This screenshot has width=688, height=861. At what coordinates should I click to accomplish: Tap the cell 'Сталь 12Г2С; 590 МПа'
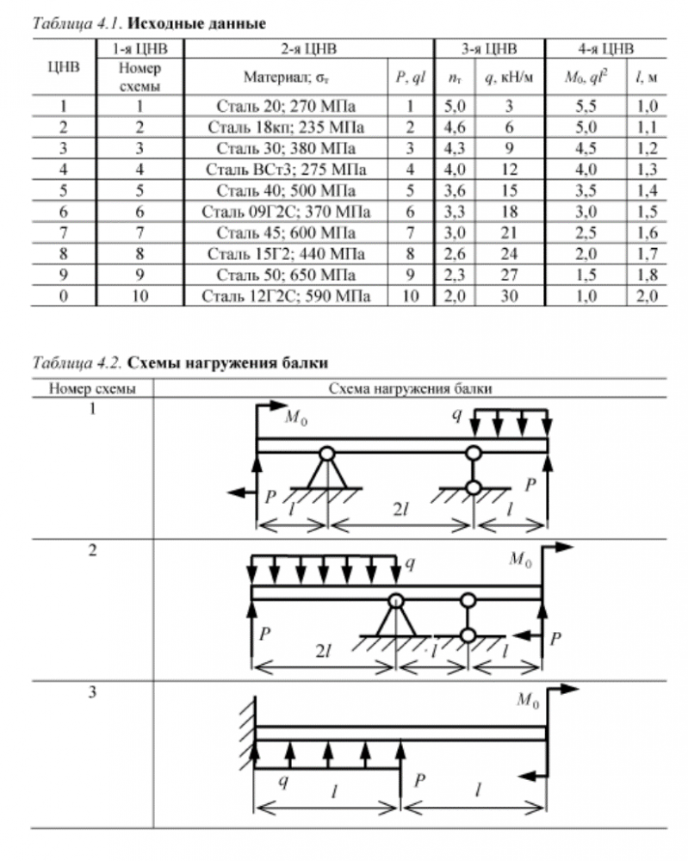click(x=285, y=296)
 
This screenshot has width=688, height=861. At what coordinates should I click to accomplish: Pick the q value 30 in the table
click(x=509, y=296)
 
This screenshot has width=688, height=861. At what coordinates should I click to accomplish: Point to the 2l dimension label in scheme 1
click(x=398, y=510)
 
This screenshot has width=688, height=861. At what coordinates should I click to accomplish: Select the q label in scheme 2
click(x=410, y=564)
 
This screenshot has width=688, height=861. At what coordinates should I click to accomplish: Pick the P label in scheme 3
click(x=420, y=780)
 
